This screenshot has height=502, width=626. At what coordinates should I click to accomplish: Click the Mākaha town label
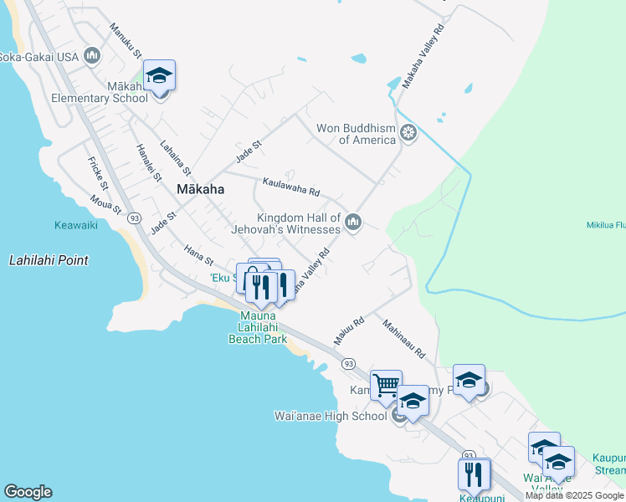point(200,190)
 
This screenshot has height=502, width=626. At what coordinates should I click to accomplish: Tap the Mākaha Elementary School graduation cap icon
point(159,77)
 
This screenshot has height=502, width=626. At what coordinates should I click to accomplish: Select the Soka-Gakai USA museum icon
point(92,56)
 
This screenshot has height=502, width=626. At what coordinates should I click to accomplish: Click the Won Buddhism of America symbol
point(408,132)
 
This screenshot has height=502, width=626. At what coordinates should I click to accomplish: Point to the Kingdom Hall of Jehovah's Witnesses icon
point(353,222)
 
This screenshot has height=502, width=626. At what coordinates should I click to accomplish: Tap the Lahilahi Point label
point(49,260)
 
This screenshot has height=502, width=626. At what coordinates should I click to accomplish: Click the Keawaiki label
point(76,225)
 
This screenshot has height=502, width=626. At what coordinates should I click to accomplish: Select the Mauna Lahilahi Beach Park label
point(258,327)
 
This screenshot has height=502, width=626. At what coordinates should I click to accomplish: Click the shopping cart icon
point(386,386)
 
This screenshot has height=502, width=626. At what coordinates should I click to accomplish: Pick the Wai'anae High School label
point(331,416)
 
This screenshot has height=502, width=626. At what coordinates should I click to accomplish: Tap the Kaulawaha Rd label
point(291,186)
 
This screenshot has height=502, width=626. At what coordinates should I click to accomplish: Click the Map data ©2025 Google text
point(574,495)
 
